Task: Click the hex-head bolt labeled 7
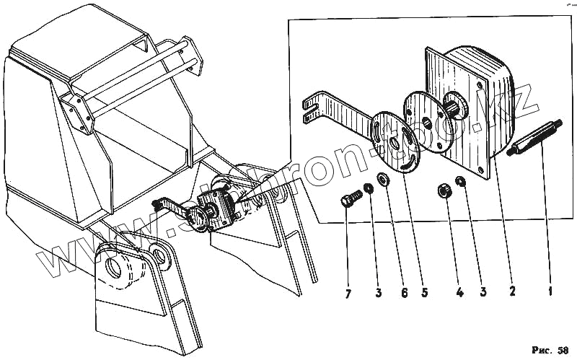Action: tap(351, 198)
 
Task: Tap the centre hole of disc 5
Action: tap(396, 141)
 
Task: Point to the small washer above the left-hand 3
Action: tap(368, 190)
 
